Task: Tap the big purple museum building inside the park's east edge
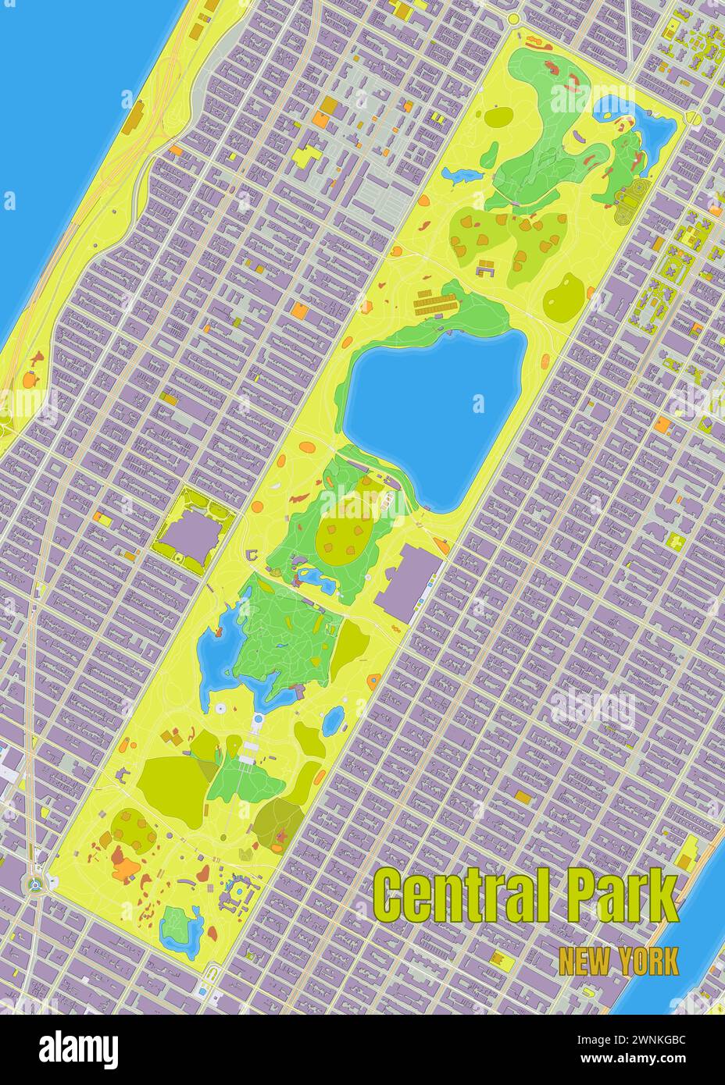coord(405,581)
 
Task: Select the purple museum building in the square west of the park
coord(190,534)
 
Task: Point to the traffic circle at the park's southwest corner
coord(34,884)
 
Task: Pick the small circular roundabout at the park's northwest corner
coord(513,18)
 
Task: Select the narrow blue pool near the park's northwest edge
coord(459,173)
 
